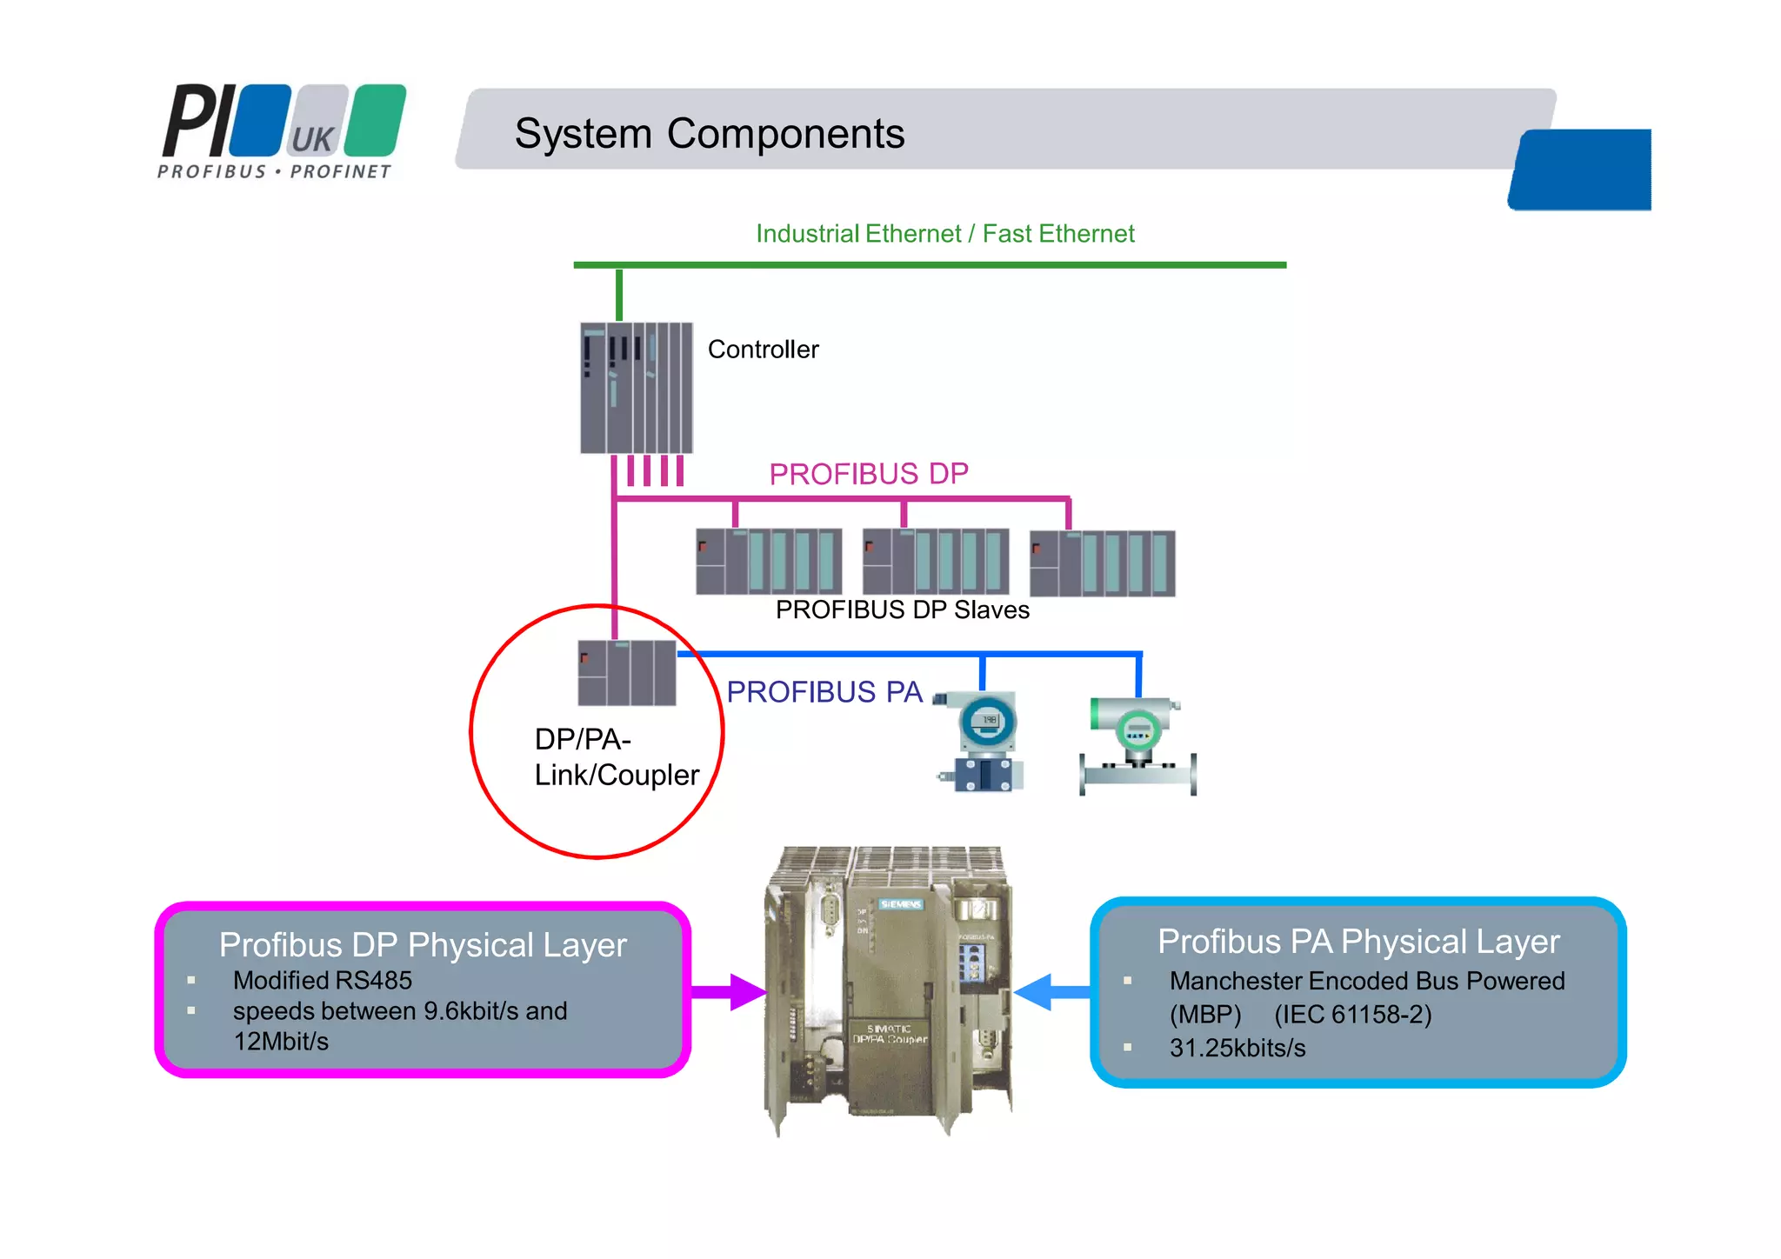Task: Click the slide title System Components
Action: pos(709,134)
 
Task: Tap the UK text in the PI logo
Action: pos(312,139)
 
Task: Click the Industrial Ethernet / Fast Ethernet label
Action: pos(944,234)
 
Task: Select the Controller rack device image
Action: pos(636,388)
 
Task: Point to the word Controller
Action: pos(763,350)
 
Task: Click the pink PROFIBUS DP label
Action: pos(868,474)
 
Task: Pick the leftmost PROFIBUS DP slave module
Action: pos(769,562)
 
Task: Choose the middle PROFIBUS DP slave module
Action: pos(935,562)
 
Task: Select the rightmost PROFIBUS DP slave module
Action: pos(1102,563)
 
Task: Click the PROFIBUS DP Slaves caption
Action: pos(902,610)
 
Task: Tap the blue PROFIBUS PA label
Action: pos(824,692)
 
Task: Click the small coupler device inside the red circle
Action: pos(626,673)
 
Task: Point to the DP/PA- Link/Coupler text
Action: pos(616,757)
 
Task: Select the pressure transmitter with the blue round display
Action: pos(984,741)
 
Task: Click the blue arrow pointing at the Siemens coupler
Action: pos(1052,992)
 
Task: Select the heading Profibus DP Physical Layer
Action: pos(423,945)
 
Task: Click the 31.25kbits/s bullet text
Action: pos(1237,1049)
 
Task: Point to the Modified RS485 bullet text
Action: pos(322,981)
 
